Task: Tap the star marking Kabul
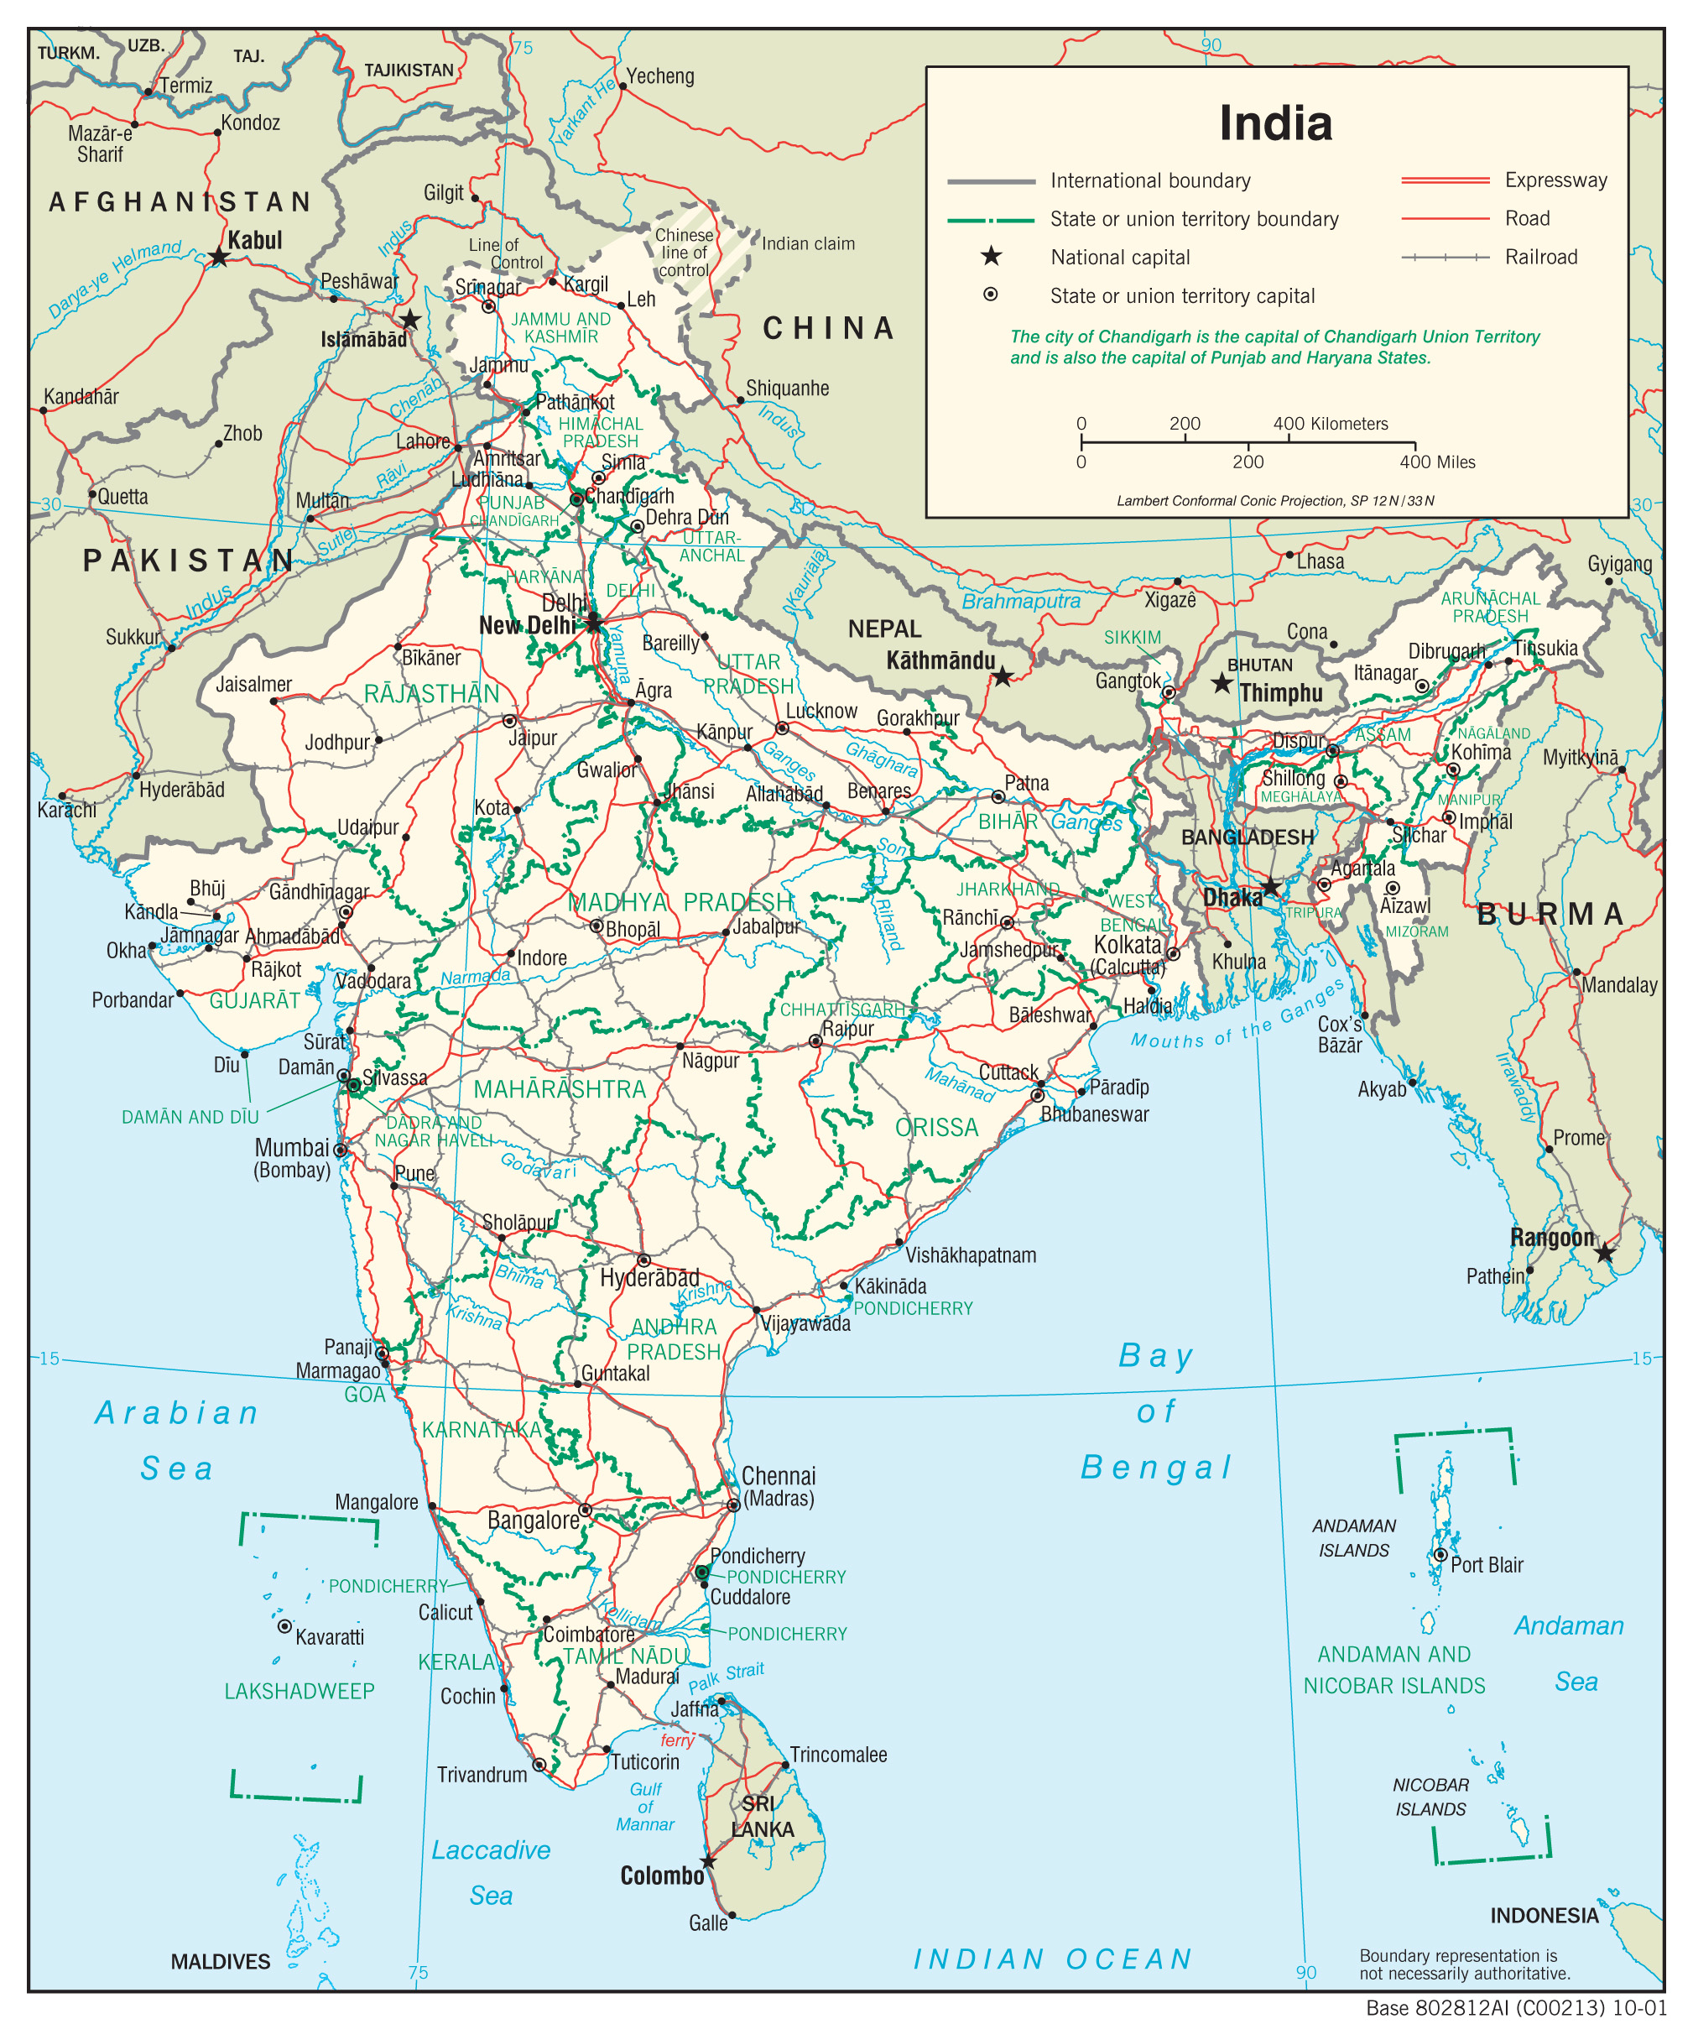(220, 257)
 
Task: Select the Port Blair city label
(1486, 1565)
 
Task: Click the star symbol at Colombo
(708, 1860)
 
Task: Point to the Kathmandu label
(940, 661)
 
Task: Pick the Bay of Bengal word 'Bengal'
(1155, 1467)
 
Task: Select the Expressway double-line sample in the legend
(1444, 180)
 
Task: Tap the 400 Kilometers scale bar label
(1330, 424)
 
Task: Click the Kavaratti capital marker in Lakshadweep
(284, 1626)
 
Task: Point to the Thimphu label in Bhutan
(1279, 693)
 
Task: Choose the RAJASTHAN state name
(432, 694)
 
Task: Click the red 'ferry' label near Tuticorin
(676, 1740)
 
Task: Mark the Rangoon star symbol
(1603, 1254)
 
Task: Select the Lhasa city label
(1319, 561)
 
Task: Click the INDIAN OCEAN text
(1052, 1959)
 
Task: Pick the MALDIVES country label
(220, 1962)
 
